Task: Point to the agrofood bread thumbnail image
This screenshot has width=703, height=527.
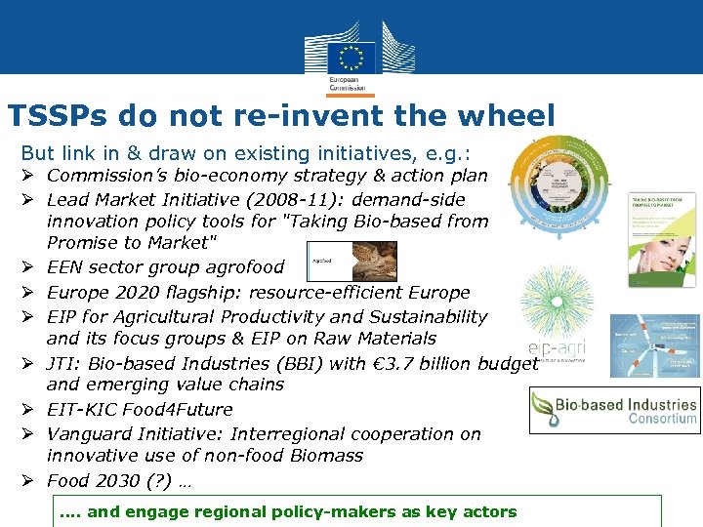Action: tap(352, 262)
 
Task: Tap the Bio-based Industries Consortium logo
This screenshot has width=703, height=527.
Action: tap(614, 411)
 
